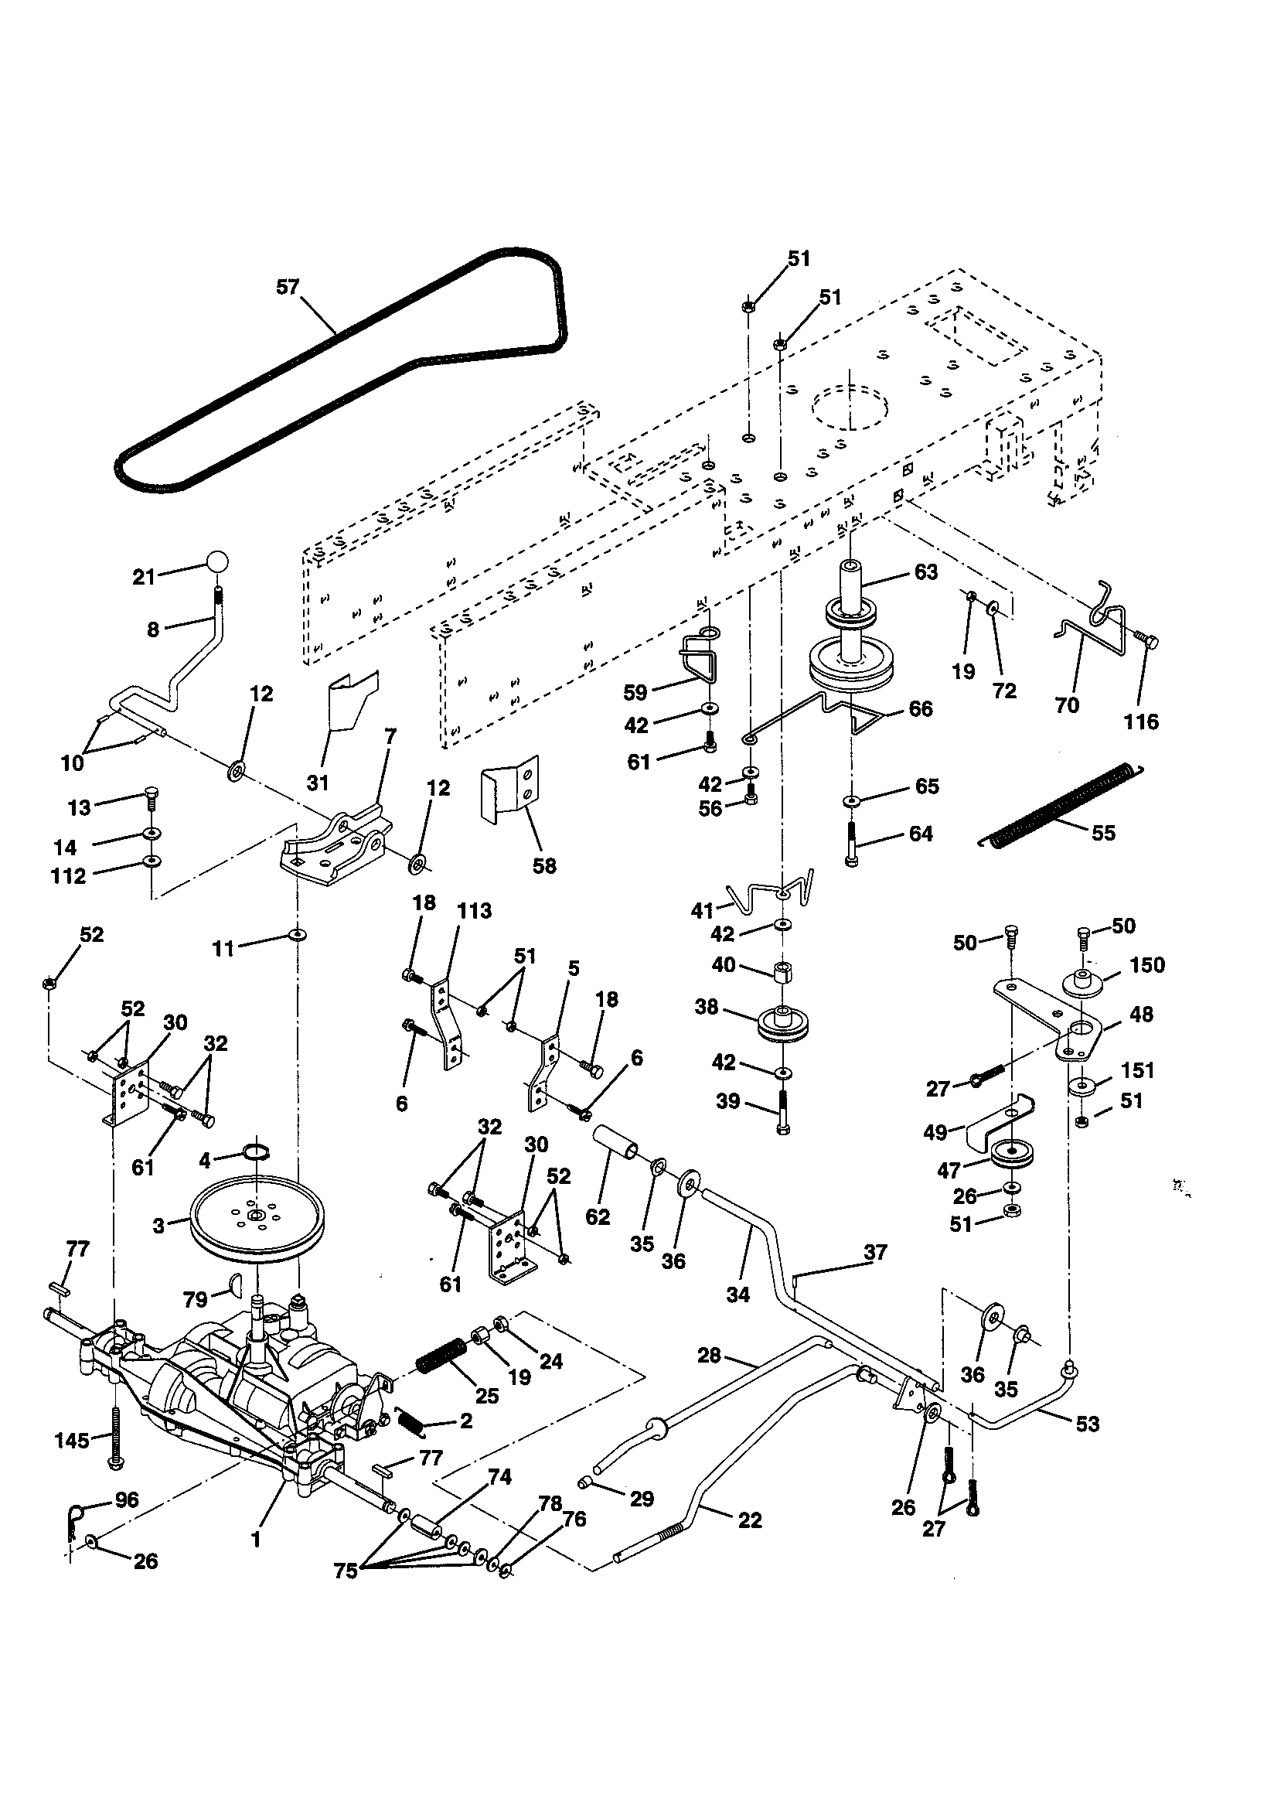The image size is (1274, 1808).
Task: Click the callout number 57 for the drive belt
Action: pos(288,287)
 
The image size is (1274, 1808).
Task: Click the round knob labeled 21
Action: pos(217,562)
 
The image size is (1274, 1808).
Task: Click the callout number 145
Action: pos(72,1440)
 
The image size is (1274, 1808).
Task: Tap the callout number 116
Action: pos(1141,721)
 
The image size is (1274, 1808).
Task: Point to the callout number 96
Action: pos(126,1500)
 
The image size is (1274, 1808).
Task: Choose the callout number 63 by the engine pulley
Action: pos(925,572)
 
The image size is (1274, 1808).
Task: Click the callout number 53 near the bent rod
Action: pos(1087,1423)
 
